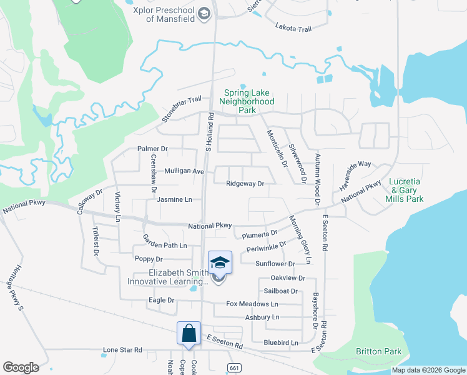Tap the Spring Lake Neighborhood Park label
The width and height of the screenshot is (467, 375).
point(248,101)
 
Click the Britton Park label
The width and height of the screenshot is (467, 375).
point(379,351)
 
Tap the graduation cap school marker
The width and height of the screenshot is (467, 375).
point(220,262)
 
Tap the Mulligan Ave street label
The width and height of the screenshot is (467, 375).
point(184,171)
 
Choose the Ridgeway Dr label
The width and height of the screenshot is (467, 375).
point(245,184)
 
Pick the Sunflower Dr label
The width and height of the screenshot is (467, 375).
point(275,264)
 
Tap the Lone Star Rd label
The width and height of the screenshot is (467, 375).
point(123,350)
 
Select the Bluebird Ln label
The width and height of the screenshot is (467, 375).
point(281,342)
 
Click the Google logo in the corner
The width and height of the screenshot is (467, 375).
point(21,367)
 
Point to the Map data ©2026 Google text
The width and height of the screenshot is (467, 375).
point(428,370)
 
